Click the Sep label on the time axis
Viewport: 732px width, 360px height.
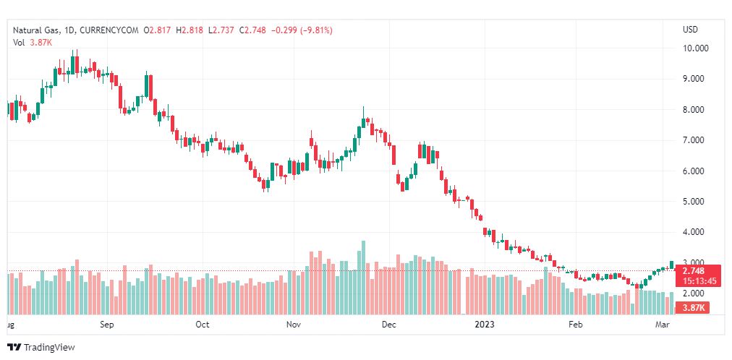click(x=107, y=325)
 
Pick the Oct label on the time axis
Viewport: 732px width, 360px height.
click(x=203, y=325)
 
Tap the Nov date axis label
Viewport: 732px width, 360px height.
click(x=293, y=325)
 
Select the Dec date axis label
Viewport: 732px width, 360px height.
click(x=389, y=325)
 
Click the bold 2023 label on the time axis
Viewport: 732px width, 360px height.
click(x=484, y=325)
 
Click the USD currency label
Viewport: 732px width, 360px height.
click(x=690, y=30)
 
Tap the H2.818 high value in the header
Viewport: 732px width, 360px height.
click(x=192, y=30)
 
